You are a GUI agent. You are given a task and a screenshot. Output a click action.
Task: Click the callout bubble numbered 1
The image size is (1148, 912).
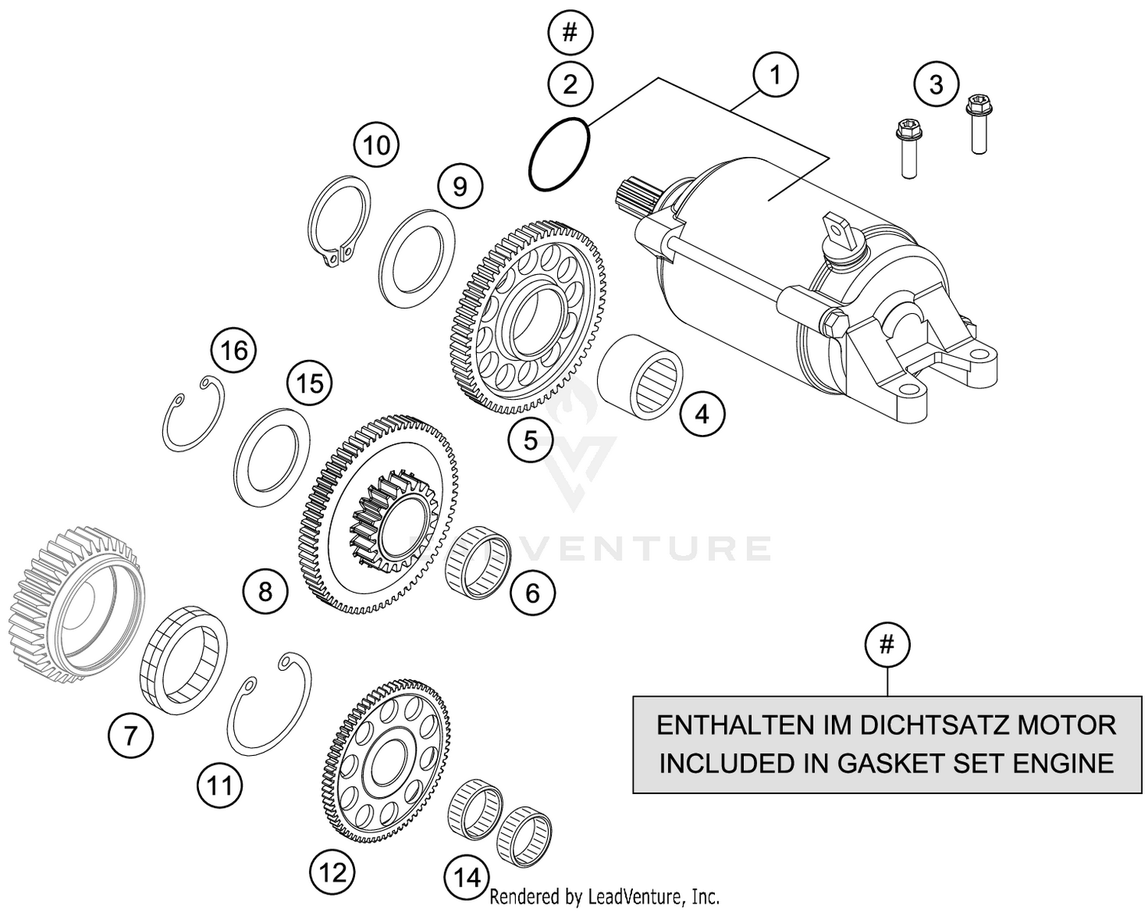[x=775, y=75]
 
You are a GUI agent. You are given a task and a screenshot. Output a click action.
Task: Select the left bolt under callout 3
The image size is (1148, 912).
[x=908, y=149]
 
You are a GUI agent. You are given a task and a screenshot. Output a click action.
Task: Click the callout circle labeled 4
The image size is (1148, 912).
[x=702, y=414]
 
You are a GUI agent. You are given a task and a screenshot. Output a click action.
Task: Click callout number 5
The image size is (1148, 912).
[x=530, y=440]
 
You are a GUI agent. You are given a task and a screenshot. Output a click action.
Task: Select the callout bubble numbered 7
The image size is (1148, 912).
[x=130, y=736]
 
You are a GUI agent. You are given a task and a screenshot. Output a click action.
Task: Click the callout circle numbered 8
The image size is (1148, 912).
[x=265, y=590]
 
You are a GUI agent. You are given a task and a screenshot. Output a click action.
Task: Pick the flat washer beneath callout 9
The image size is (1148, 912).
[x=418, y=250]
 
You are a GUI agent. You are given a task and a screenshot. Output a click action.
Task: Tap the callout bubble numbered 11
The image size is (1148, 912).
[x=220, y=785]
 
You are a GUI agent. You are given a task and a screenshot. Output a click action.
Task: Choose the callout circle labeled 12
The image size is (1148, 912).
[x=333, y=872]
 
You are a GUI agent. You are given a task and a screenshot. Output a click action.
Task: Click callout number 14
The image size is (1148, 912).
[x=467, y=877]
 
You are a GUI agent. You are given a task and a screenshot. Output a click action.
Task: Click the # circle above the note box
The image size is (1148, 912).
[x=886, y=646]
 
